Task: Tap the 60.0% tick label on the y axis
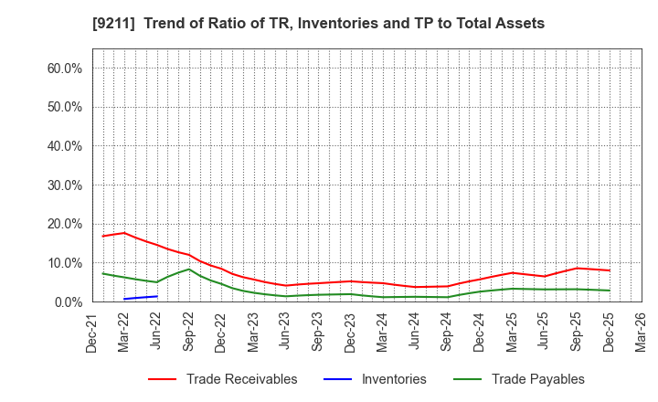64,69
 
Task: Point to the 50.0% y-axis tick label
64,107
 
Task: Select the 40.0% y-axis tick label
64,146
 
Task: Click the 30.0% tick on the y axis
64,185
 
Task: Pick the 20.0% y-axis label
64,224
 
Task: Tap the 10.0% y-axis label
64,263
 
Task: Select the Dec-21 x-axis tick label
92,331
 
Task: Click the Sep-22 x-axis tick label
189,331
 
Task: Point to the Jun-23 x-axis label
286,331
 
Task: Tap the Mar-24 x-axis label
383,331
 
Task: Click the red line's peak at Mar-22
124,233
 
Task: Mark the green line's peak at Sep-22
188,269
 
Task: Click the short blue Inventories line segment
141,297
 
